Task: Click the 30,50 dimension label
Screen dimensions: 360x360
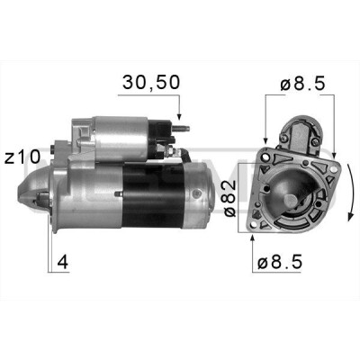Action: pyautogui.click(x=151, y=83)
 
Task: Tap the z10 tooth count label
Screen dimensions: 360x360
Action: pyautogui.click(x=22, y=157)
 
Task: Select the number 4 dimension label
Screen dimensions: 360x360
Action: pyautogui.click(x=63, y=262)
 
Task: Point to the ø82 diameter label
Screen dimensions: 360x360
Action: pyautogui.click(x=230, y=198)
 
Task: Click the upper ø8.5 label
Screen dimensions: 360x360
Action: pyautogui.click(x=302, y=85)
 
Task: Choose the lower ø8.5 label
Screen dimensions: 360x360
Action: pyautogui.click(x=280, y=262)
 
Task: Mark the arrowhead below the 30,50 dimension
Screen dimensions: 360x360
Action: pyautogui.click(x=179, y=116)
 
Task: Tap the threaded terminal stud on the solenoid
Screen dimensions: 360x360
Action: pyautogui.click(x=182, y=129)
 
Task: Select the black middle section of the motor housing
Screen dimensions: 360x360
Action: pyautogui.click(x=153, y=195)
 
